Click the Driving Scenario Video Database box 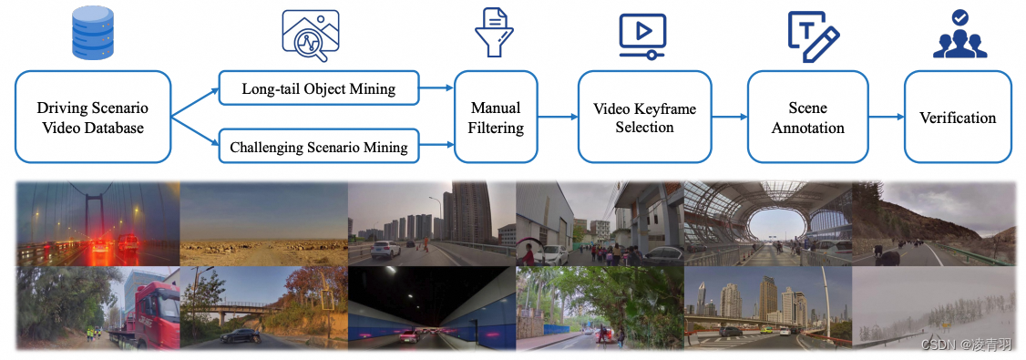93,117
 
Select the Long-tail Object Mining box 318,88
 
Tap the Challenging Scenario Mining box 318,146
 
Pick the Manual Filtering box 496,117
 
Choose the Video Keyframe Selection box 644,117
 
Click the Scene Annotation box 807,117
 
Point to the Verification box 958,117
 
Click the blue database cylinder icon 93,33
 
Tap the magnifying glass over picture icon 310,35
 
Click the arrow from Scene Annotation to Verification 885,117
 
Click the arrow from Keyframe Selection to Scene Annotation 729,117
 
